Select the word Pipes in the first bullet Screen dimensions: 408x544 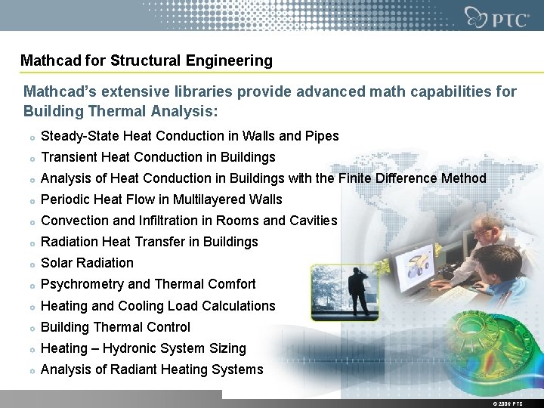[x=321, y=137]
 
